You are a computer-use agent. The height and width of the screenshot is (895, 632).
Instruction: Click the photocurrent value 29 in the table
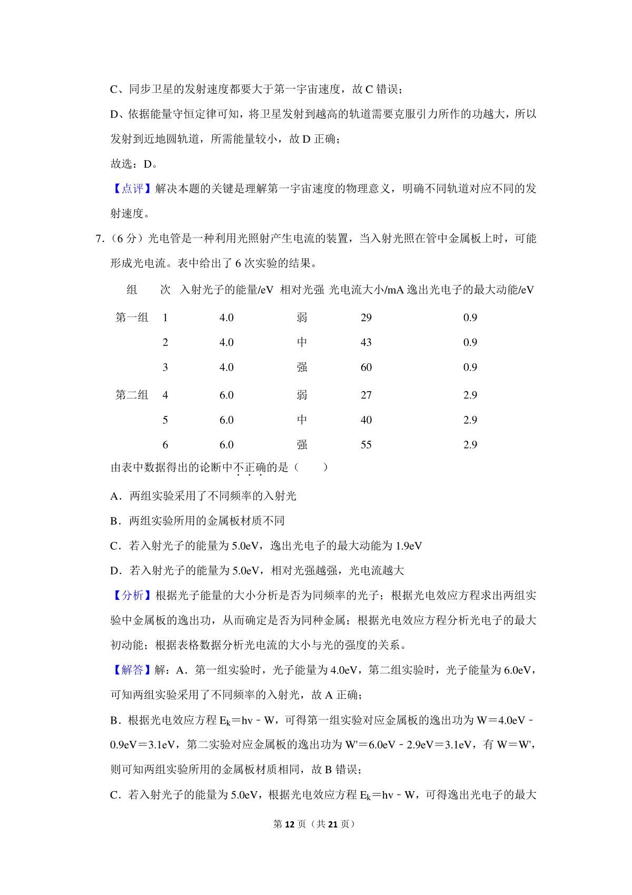click(366, 317)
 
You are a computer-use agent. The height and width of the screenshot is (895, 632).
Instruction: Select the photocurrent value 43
click(366, 342)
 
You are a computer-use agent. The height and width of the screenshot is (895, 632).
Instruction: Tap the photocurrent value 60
click(366, 367)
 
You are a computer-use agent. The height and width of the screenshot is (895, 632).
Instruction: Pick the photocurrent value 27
click(366, 395)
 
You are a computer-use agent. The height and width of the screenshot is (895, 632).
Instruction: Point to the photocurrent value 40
click(366, 420)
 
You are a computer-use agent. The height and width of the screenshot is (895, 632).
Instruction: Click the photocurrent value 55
click(366, 444)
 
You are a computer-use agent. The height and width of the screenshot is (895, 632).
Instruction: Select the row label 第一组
click(132, 317)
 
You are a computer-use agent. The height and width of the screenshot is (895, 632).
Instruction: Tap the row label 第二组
click(132, 395)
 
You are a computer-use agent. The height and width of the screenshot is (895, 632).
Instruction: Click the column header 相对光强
click(302, 289)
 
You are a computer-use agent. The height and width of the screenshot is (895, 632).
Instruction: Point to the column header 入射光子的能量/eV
click(226, 289)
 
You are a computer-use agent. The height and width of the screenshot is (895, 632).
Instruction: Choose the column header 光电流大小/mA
click(366, 289)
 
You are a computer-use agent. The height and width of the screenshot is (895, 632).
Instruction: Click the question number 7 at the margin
click(98, 239)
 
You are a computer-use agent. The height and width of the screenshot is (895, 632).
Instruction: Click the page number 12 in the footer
click(290, 824)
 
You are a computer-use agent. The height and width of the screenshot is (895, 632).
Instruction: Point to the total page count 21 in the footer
click(332, 824)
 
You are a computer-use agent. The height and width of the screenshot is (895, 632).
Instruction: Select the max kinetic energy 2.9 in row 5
click(470, 420)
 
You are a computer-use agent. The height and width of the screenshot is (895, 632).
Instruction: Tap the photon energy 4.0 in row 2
click(226, 342)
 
